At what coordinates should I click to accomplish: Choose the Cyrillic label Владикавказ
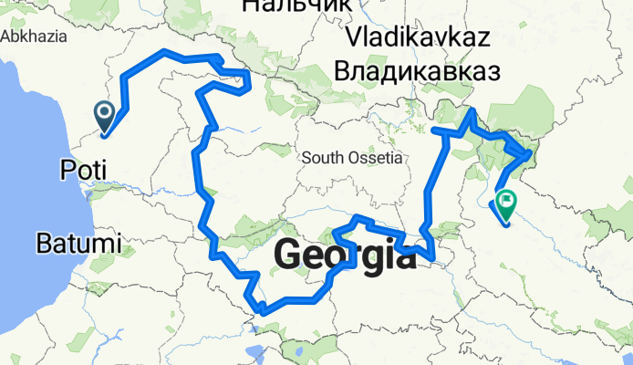tap(419, 70)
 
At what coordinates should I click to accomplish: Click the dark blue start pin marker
tap(104, 114)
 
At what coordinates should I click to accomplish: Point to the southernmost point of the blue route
tap(263, 312)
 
